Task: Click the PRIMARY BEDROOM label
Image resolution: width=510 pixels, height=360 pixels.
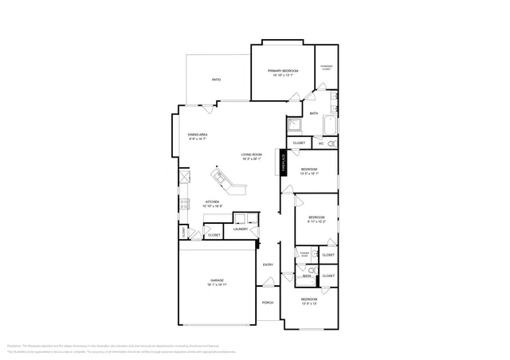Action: tap(283, 71)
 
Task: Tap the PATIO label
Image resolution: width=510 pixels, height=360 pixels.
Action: tap(216, 80)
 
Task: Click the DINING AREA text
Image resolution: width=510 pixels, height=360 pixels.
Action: tap(198, 134)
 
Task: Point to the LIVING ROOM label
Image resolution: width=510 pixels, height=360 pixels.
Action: tap(252, 155)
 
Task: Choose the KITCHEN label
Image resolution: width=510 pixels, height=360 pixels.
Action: tap(212, 202)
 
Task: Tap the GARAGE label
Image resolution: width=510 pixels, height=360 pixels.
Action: tap(217, 280)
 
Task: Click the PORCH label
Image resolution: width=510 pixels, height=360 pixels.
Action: tap(268, 303)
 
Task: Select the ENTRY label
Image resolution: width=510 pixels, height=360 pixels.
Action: tap(268, 264)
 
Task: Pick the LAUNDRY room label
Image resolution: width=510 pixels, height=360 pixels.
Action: tap(241, 230)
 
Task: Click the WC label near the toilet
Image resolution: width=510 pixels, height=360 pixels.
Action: tap(321, 143)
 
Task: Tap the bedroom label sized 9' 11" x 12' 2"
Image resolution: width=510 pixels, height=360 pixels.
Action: tap(316, 217)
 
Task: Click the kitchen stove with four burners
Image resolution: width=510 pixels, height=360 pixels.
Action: tap(185, 204)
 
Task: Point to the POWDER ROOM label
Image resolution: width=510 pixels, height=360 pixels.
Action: tap(304, 254)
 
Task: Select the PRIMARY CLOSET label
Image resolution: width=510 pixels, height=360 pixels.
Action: tap(326, 67)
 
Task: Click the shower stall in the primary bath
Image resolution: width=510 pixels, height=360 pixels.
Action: tap(293, 125)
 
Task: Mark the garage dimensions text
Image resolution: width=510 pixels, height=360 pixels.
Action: tap(217, 284)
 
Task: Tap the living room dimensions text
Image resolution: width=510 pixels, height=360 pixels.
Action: tap(252, 158)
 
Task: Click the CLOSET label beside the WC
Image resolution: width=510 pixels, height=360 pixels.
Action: tap(299, 143)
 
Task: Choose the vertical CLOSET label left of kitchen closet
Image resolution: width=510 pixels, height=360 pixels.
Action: tap(184, 233)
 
